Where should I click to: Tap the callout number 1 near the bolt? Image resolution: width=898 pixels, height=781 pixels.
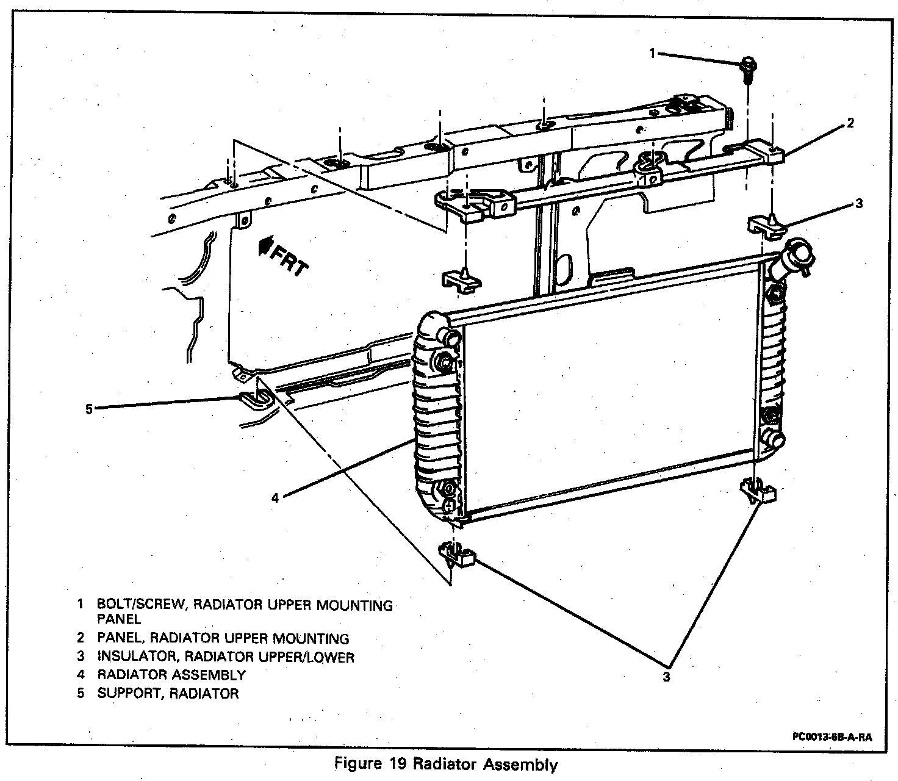(x=652, y=54)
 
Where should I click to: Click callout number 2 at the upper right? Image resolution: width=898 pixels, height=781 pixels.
(x=850, y=124)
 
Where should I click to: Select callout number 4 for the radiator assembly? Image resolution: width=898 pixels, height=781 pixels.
(x=275, y=498)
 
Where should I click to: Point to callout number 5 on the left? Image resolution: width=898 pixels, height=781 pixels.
(x=89, y=409)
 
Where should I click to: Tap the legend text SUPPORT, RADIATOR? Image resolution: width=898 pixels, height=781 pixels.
(x=168, y=694)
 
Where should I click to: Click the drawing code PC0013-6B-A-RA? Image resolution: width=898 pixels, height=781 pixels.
(x=832, y=736)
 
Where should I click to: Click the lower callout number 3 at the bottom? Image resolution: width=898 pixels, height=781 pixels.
(x=667, y=677)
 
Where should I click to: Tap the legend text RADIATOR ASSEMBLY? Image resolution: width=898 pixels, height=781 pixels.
(x=171, y=675)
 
